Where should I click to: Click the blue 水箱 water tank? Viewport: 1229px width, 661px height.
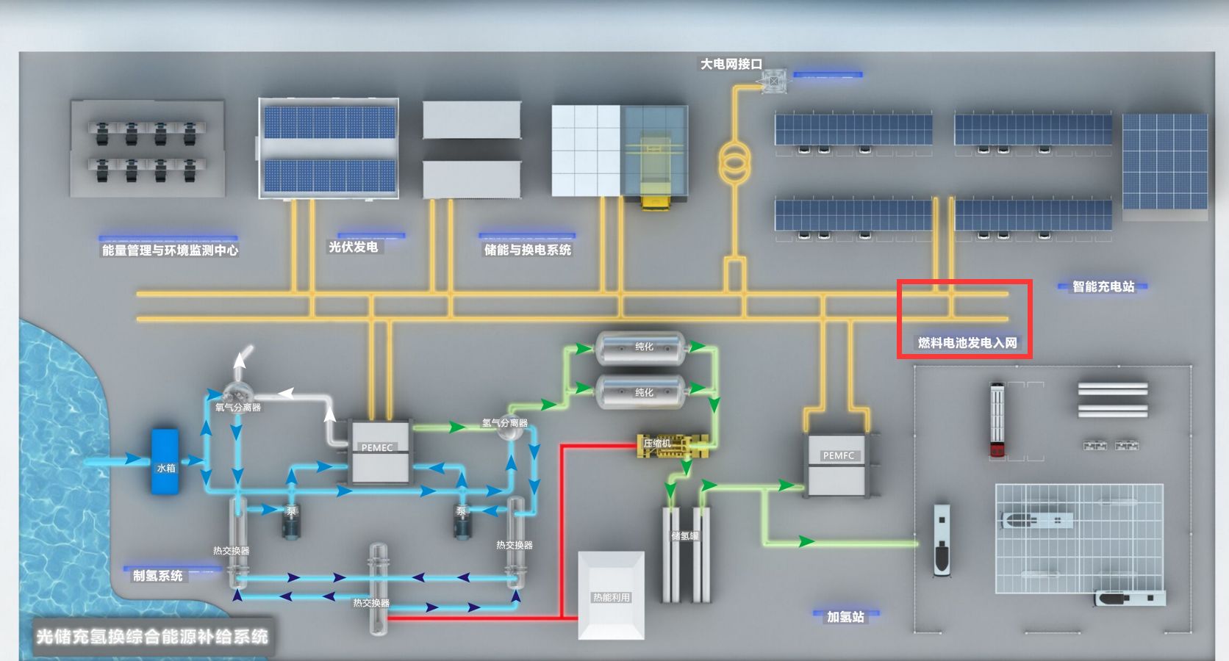pos(165,461)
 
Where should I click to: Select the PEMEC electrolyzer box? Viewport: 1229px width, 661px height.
pos(379,452)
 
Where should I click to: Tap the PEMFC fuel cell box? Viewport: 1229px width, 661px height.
pos(838,464)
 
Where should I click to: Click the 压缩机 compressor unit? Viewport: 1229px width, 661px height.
pos(673,445)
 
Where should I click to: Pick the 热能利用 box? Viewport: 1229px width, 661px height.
pos(612,596)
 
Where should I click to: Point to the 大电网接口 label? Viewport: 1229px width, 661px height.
pos(731,65)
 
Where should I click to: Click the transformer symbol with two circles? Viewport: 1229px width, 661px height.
pos(734,164)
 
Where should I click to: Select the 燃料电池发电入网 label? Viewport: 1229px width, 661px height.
pos(967,343)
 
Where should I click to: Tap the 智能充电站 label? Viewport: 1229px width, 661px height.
pos(1103,286)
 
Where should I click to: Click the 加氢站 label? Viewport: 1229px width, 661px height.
pos(845,617)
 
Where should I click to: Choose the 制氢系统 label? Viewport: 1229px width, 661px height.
pos(157,576)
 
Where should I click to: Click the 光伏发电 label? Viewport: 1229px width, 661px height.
pos(354,248)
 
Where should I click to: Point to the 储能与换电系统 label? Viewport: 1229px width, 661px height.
pos(527,250)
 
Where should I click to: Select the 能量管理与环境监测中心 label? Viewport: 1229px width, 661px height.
pos(170,250)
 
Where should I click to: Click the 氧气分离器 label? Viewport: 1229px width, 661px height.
pos(237,408)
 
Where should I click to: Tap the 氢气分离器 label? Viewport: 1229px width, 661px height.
pos(504,423)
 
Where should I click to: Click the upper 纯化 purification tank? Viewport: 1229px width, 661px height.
pos(641,347)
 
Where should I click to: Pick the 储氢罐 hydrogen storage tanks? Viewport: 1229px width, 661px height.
pos(685,551)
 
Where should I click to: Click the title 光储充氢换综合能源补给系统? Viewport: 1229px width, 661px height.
pos(152,636)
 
